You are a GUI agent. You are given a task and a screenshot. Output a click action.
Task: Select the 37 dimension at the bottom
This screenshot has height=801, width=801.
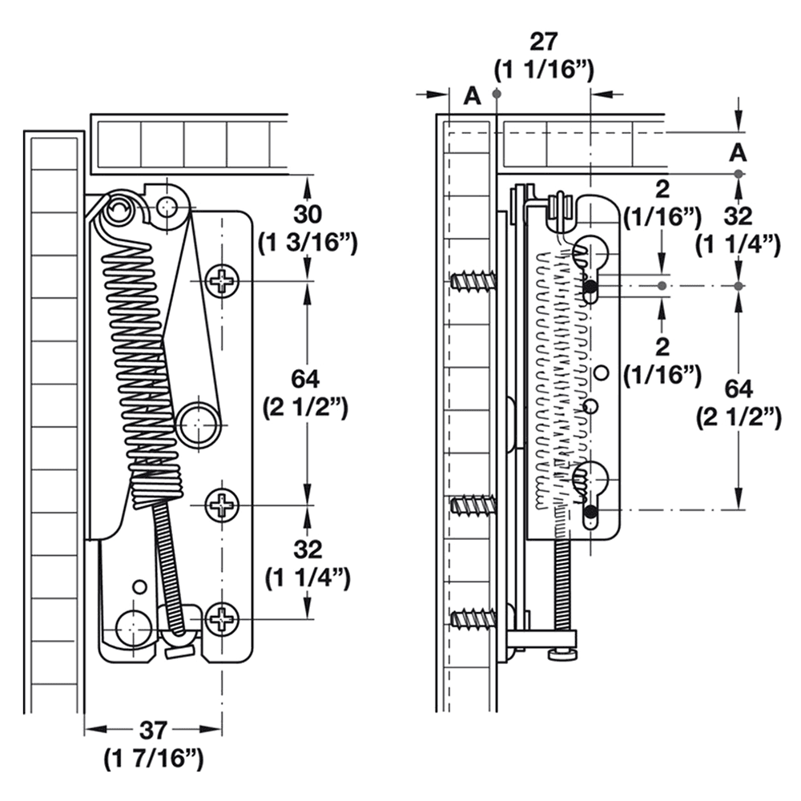153,730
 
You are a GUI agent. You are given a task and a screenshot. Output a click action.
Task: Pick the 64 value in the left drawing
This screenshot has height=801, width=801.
305,380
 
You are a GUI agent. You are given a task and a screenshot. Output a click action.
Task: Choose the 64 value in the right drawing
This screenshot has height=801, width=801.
738,389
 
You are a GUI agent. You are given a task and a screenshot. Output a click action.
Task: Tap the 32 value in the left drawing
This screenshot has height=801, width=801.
308,550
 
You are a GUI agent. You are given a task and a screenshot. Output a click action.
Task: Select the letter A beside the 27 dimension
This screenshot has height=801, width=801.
473,96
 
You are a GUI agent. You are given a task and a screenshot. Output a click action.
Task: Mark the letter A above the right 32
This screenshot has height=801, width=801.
739,151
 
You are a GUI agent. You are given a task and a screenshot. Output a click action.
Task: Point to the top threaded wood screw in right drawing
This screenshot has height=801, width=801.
473,281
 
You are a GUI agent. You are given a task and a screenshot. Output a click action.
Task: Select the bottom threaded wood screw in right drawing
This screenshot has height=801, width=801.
473,618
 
